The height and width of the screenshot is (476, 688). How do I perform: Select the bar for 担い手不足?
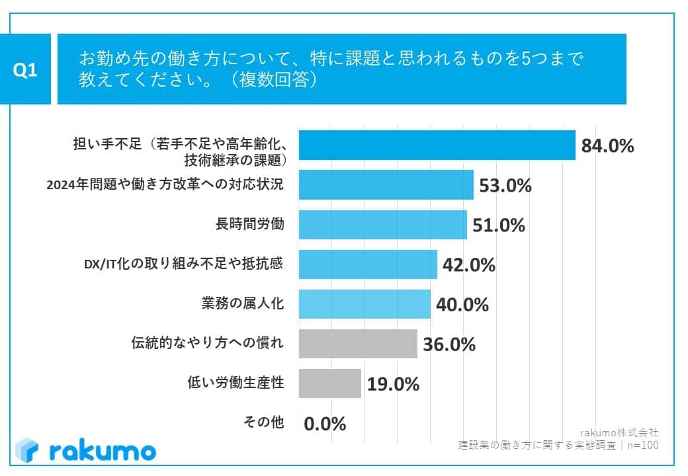pyautogui.click(x=437, y=145)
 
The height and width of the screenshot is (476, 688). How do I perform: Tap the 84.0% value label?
pyautogui.click(x=607, y=145)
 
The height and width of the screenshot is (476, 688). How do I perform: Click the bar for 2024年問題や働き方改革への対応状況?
pyautogui.click(x=386, y=185)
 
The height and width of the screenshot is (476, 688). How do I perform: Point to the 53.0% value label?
pyautogui.click(x=505, y=186)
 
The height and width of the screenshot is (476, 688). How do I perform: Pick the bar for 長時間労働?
pyautogui.click(x=382, y=225)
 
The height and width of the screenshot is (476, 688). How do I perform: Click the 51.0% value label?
pyautogui.click(x=499, y=225)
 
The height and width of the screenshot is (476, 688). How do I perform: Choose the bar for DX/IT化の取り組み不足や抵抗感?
pyautogui.click(x=368, y=264)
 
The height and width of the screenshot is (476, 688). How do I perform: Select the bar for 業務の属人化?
pyautogui.click(x=365, y=304)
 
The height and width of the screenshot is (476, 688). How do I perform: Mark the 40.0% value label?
pyautogui.click(x=462, y=305)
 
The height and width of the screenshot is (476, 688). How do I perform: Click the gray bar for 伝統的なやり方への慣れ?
pyautogui.click(x=358, y=344)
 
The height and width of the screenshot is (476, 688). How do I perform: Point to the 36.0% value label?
pyautogui.click(x=449, y=344)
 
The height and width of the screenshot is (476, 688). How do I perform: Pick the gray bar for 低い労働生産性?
pyautogui.click(x=329, y=383)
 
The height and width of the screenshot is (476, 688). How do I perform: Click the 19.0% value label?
pyautogui.click(x=393, y=384)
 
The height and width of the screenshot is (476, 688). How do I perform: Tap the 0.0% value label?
pyautogui.click(x=325, y=424)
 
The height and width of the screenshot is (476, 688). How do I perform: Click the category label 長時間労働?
pyautogui.click(x=251, y=224)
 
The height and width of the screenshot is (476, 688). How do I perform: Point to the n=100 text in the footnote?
pyautogui.click(x=641, y=446)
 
